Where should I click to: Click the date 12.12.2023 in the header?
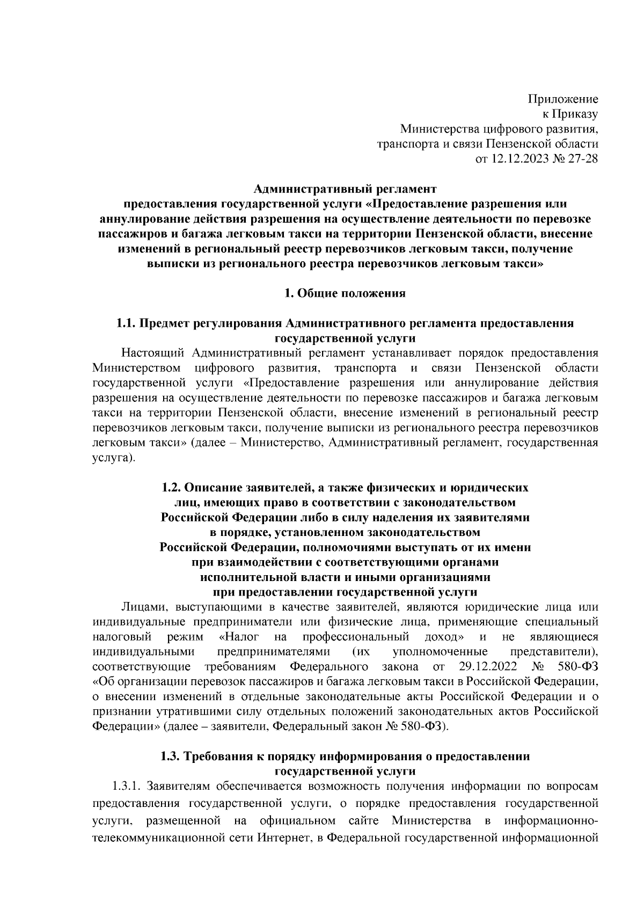coord(521,159)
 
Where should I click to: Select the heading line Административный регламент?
coord(345,189)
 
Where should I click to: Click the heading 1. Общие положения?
coord(345,293)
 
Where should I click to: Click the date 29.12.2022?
coord(488,667)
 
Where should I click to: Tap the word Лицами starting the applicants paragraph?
coord(141,607)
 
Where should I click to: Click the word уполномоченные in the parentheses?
coord(440,652)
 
